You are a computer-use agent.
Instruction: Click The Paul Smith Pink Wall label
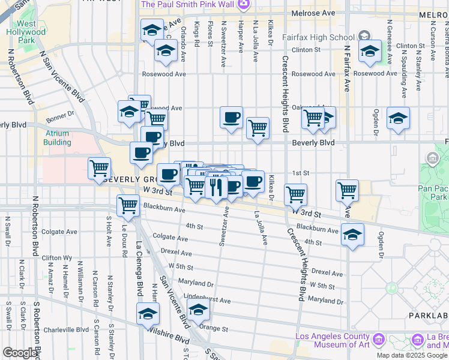187,5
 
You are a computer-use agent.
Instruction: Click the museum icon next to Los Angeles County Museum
379,340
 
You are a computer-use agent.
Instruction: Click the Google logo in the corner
20,353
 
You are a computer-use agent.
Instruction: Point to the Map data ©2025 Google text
412,355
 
